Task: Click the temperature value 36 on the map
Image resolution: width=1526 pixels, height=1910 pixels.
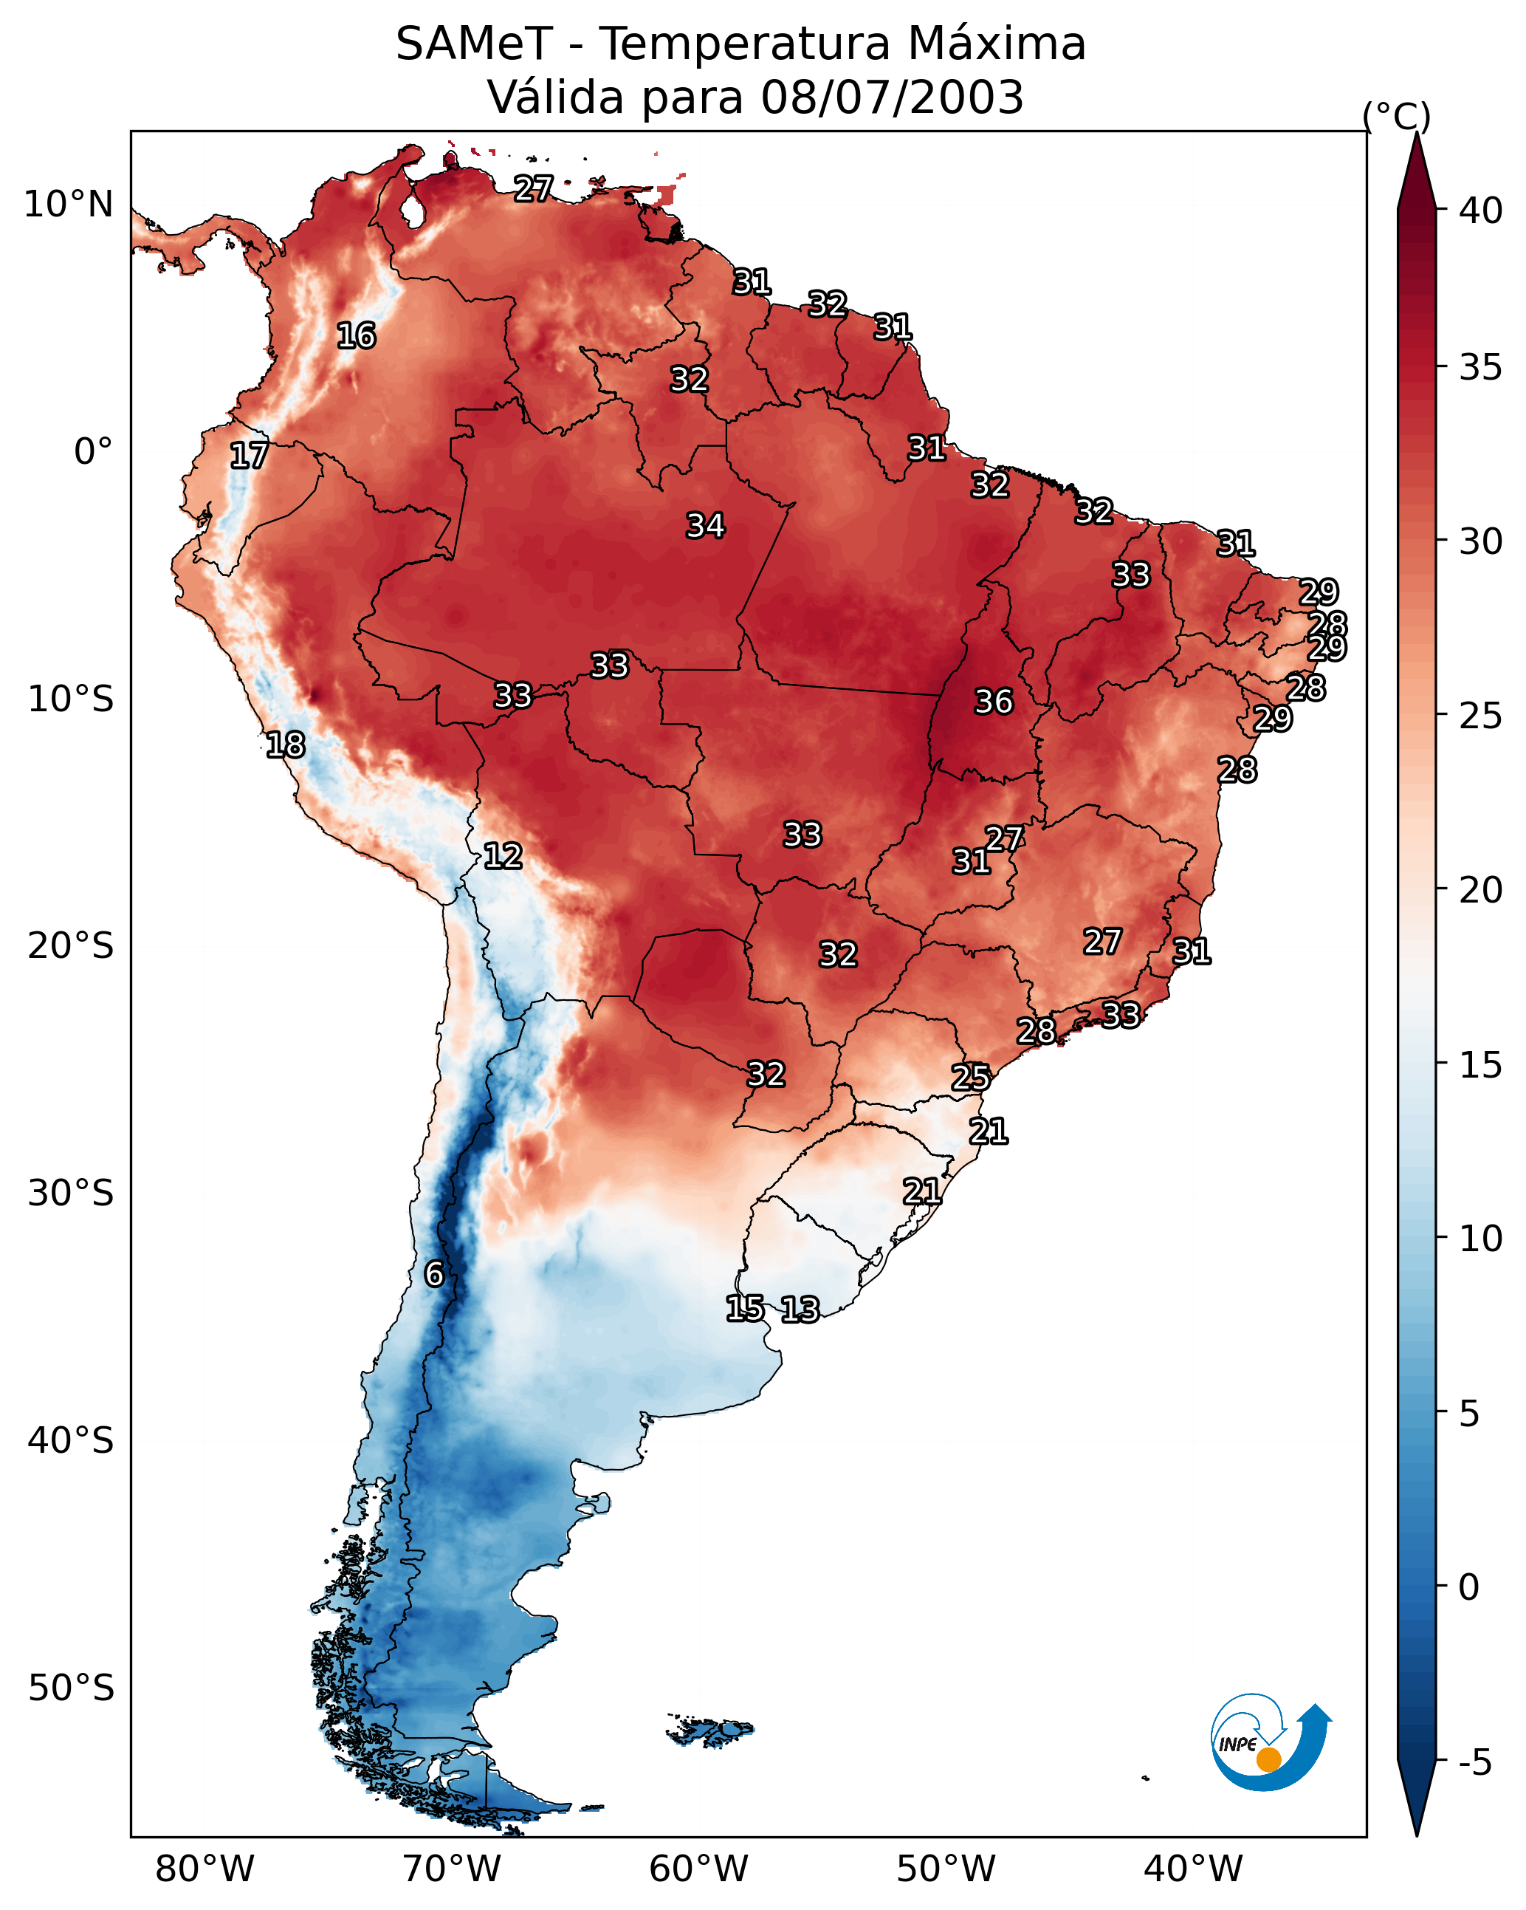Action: click(994, 702)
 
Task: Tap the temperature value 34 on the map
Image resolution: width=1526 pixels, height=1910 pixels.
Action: click(706, 525)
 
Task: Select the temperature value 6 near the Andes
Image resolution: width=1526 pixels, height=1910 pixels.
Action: click(434, 1274)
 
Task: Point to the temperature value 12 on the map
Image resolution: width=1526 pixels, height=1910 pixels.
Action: click(503, 856)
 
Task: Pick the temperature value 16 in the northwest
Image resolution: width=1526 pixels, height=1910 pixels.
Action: click(357, 336)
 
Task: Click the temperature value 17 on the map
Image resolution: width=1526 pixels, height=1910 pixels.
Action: click(249, 456)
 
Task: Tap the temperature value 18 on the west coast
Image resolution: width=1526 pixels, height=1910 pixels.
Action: click(286, 745)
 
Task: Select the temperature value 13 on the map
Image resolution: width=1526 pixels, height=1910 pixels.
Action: click(800, 1310)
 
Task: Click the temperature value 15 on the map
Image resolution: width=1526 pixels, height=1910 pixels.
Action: click(745, 1307)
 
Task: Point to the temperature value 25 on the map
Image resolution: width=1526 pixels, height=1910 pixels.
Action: click(971, 1078)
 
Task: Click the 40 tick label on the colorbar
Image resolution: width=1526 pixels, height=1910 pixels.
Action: click(1481, 210)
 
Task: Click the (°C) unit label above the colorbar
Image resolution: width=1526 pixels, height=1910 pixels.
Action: click(1397, 116)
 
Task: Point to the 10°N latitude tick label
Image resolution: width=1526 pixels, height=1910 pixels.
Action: click(68, 205)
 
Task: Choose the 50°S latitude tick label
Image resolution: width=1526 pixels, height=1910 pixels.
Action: click(71, 1688)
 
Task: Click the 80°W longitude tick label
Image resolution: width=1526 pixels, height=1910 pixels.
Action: click(205, 1869)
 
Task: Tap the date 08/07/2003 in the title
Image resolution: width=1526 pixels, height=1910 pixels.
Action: click(892, 97)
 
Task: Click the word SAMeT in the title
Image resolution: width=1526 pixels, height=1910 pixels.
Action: click(474, 44)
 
